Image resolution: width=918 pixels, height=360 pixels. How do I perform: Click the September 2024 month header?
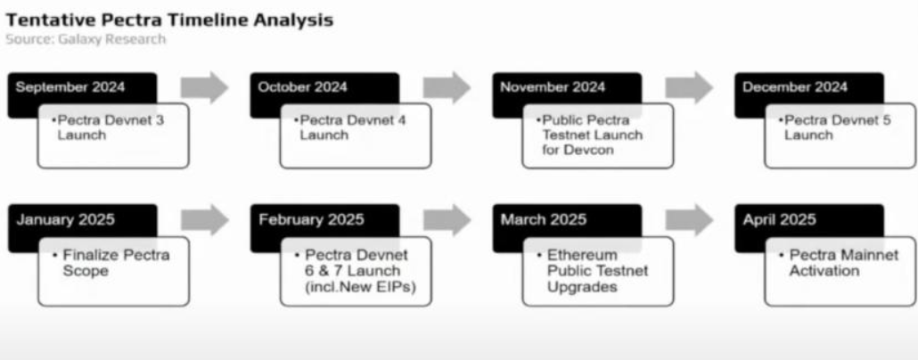(70, 87)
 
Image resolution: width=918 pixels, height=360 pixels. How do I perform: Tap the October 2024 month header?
(302, 87)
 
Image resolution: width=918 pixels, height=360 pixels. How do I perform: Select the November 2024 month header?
(553, 87)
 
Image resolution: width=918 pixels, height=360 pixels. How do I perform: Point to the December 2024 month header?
(794, 87)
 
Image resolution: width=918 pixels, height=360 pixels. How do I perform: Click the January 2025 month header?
(66, 219)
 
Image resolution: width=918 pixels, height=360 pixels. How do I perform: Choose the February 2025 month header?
(311, 219)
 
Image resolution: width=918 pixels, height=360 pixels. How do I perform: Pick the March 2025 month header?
(544, 219)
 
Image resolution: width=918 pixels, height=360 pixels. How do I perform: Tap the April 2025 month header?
(779, 219)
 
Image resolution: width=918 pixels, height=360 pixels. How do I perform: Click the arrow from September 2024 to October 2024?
(204, 87)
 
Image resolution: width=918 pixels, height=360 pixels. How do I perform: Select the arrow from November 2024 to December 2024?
(688, 87)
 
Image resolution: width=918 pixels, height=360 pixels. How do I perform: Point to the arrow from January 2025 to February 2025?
(204, 220)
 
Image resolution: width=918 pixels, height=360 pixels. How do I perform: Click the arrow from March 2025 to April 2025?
(688, 220)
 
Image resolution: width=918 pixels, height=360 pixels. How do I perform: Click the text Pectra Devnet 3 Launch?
(110, 127)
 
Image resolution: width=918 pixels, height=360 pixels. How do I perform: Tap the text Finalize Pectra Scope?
(111, 263)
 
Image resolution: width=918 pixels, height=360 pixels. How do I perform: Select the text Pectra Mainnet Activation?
(839, 263)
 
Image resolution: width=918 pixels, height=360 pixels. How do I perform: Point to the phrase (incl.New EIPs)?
(360, 287)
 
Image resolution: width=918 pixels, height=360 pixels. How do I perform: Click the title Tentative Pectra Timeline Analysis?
(169, 20)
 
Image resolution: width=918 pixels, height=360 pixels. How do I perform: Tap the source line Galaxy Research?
(86, 39)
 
